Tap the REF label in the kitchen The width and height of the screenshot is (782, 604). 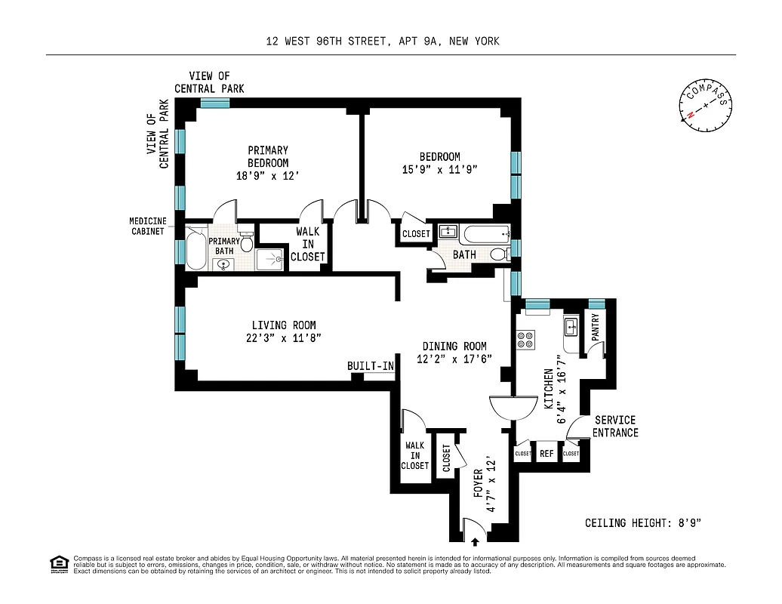click(x=546, y=454)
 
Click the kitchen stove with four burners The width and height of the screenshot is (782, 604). click(x=525, y=340)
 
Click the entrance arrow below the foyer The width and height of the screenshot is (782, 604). click(x=475, y=540)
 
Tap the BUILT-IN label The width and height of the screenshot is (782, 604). click(x=371, y=366)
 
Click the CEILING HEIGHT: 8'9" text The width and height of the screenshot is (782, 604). click(x=647, y=522)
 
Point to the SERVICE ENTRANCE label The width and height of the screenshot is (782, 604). click(x=615, y=427)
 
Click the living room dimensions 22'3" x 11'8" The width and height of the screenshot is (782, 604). click(x=284, y=338)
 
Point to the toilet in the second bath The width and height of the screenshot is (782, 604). click(x=499, y=254)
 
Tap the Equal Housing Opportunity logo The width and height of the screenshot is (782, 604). click(x=59, y=563)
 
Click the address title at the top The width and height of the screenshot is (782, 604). click(x=383, y=42)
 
